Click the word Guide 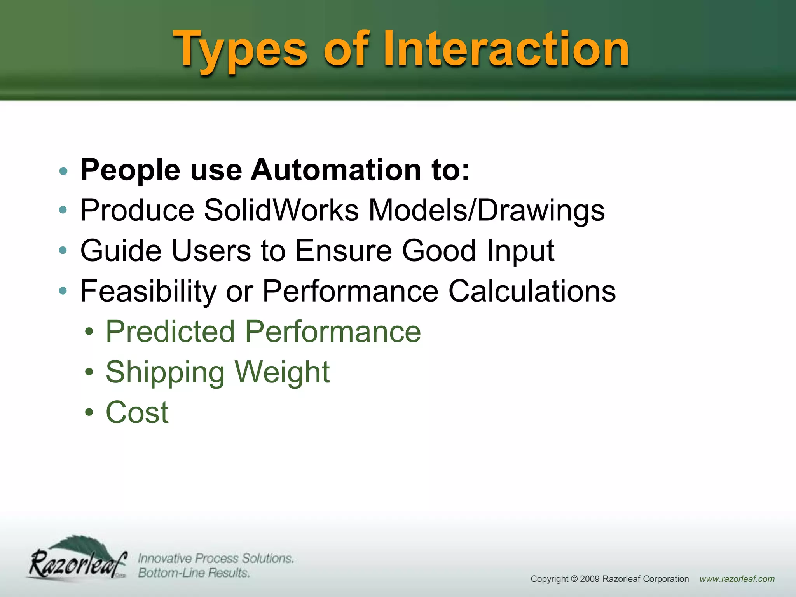(121, 251)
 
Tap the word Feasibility (148, 291)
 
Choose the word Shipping (165, 373)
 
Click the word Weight (282, 372)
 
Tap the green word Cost (137, 412)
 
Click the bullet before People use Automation (63, 171)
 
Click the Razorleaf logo (78, 560)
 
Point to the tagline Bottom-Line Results (194, 573)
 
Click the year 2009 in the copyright (590, 579)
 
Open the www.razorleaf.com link (737, 579)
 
